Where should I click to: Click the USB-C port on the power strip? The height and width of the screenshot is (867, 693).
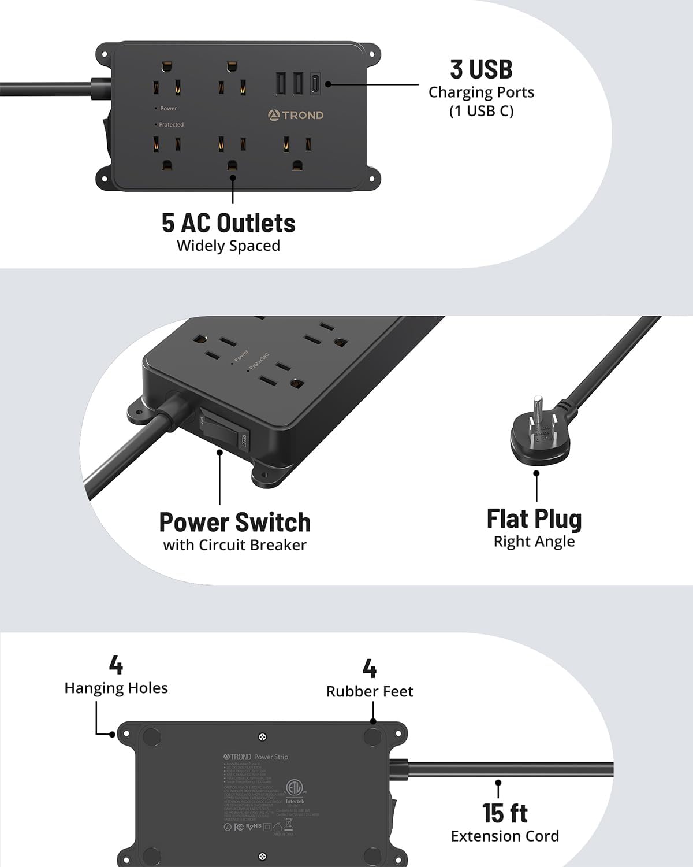315,84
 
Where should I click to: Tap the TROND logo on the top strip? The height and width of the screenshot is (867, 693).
296,115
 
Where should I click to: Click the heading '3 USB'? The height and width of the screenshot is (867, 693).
481,69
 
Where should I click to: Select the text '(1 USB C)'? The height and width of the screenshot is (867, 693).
481,111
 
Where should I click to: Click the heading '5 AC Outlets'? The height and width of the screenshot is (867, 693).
228,223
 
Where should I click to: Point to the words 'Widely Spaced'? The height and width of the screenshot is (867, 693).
228,246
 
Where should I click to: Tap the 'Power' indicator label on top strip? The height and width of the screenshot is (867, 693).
168,109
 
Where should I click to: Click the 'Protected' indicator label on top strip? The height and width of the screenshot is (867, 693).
171,125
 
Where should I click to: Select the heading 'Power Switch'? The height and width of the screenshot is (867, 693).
234,523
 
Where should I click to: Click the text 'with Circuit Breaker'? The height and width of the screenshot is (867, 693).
234,545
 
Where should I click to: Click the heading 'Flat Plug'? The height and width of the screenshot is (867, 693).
534,519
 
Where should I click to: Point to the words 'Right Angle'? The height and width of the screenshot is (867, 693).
534,542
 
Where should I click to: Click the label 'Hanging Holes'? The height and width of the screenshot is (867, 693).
116,688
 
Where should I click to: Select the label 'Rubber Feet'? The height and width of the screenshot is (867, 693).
370,691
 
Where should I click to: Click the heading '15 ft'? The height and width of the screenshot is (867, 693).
504,813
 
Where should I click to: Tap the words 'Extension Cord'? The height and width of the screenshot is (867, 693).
504,836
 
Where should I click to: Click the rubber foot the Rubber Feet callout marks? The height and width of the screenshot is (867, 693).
372,737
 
